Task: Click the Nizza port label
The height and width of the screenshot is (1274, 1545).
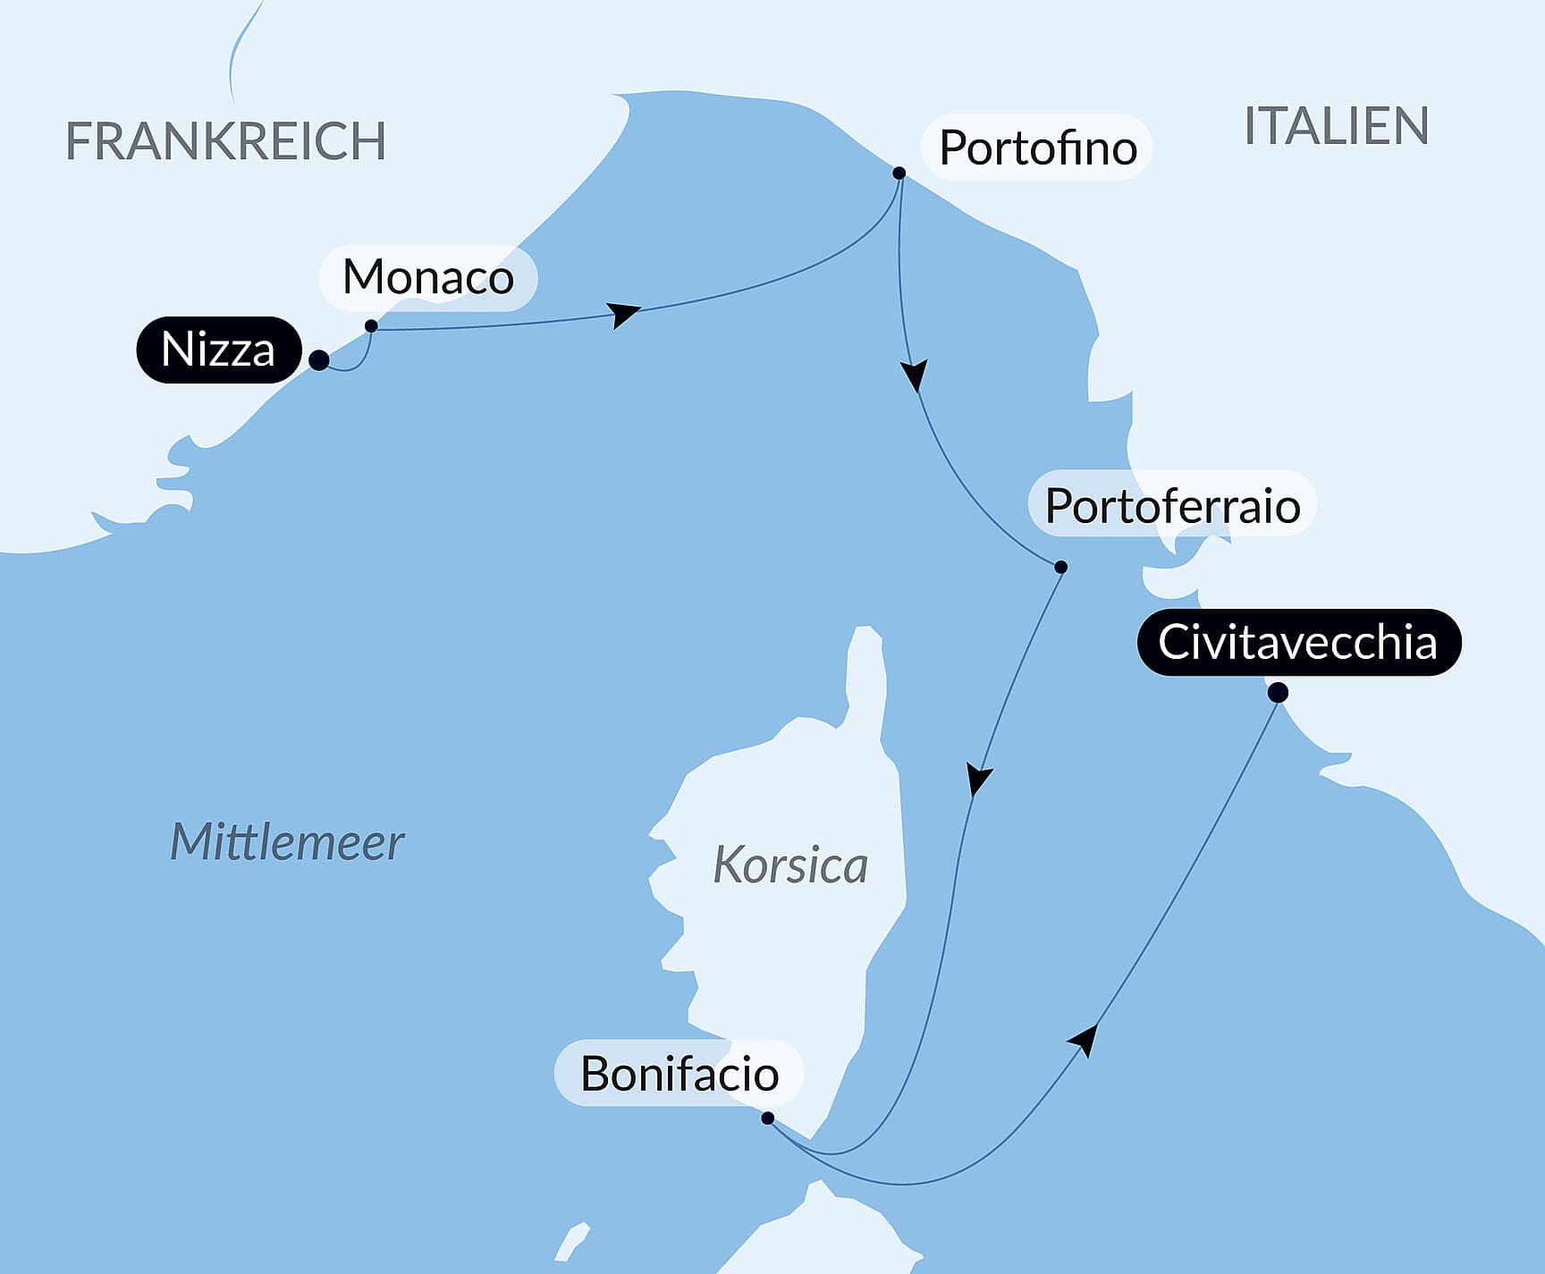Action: (x=218, y=350)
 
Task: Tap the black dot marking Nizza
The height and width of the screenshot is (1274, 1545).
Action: (x=318, y=360)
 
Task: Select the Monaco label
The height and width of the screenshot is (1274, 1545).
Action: (x=427, y=277)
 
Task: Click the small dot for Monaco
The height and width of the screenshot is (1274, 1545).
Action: (x=371, y=326)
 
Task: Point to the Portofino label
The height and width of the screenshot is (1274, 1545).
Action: (x=1037, y=148)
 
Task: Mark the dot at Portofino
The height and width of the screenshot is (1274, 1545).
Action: (x=899, y=173)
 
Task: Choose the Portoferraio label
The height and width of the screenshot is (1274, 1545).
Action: (x=1172, y=506)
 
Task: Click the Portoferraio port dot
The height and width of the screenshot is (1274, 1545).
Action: (x=1061, y=567)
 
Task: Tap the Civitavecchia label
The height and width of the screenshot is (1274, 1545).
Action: (x=1297, y=642)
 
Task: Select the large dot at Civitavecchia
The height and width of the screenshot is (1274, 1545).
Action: (x=1278, y=692)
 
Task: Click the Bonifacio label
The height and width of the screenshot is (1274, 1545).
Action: (x=679, y=1073)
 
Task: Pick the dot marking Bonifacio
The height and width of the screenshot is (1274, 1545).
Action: (x=767, y=1118)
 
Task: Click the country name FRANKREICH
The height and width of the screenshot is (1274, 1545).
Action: (x=225, y=141)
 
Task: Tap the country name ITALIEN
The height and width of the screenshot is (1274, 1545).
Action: (x=1336, y=126)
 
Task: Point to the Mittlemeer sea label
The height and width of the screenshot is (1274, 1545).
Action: (x=287, y=842)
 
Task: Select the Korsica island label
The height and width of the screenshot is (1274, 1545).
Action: (x=790, y=865)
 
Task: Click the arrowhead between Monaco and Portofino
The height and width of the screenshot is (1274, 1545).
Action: (x=624, y=315)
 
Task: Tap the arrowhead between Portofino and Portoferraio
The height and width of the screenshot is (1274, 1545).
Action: (x=914, y=375)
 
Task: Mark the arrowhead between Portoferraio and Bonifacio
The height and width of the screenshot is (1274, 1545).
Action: (x=978, y=779)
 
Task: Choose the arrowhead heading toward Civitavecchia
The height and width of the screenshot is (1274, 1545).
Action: (x=1085, y=1040)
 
